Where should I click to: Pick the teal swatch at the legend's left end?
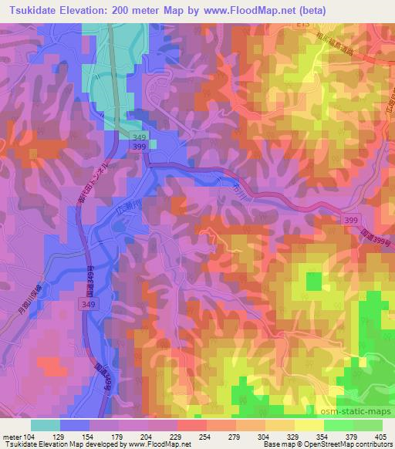click(46, 424)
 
